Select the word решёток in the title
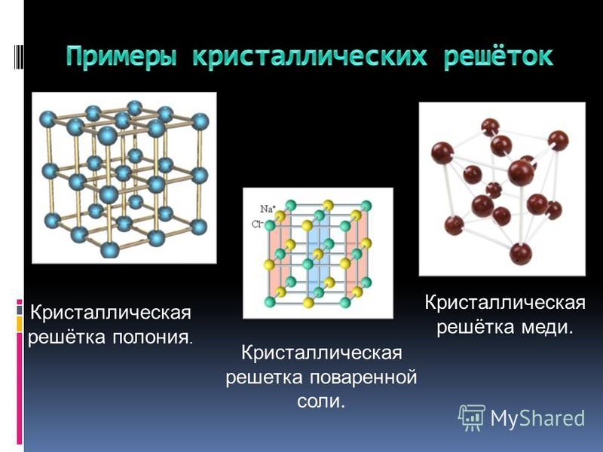tap(498, 56)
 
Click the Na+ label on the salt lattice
tap(268, 209)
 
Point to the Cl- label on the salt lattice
tap(257, 224)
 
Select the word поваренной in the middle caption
tap(363, 377)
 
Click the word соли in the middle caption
tap(321, 402)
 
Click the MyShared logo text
tap(537, 418)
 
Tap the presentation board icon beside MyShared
tap(472, 417)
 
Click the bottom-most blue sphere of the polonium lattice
tap(110, 249)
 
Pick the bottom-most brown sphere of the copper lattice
tap(521, 254)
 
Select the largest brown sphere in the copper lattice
tap(521, 173)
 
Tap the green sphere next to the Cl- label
tap(270, 225)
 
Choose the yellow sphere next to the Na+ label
tap(281, 216)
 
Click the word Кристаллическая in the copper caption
tap(505, 303)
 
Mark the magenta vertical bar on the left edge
tap(20, 388)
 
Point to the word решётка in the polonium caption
tap(66, 337)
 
